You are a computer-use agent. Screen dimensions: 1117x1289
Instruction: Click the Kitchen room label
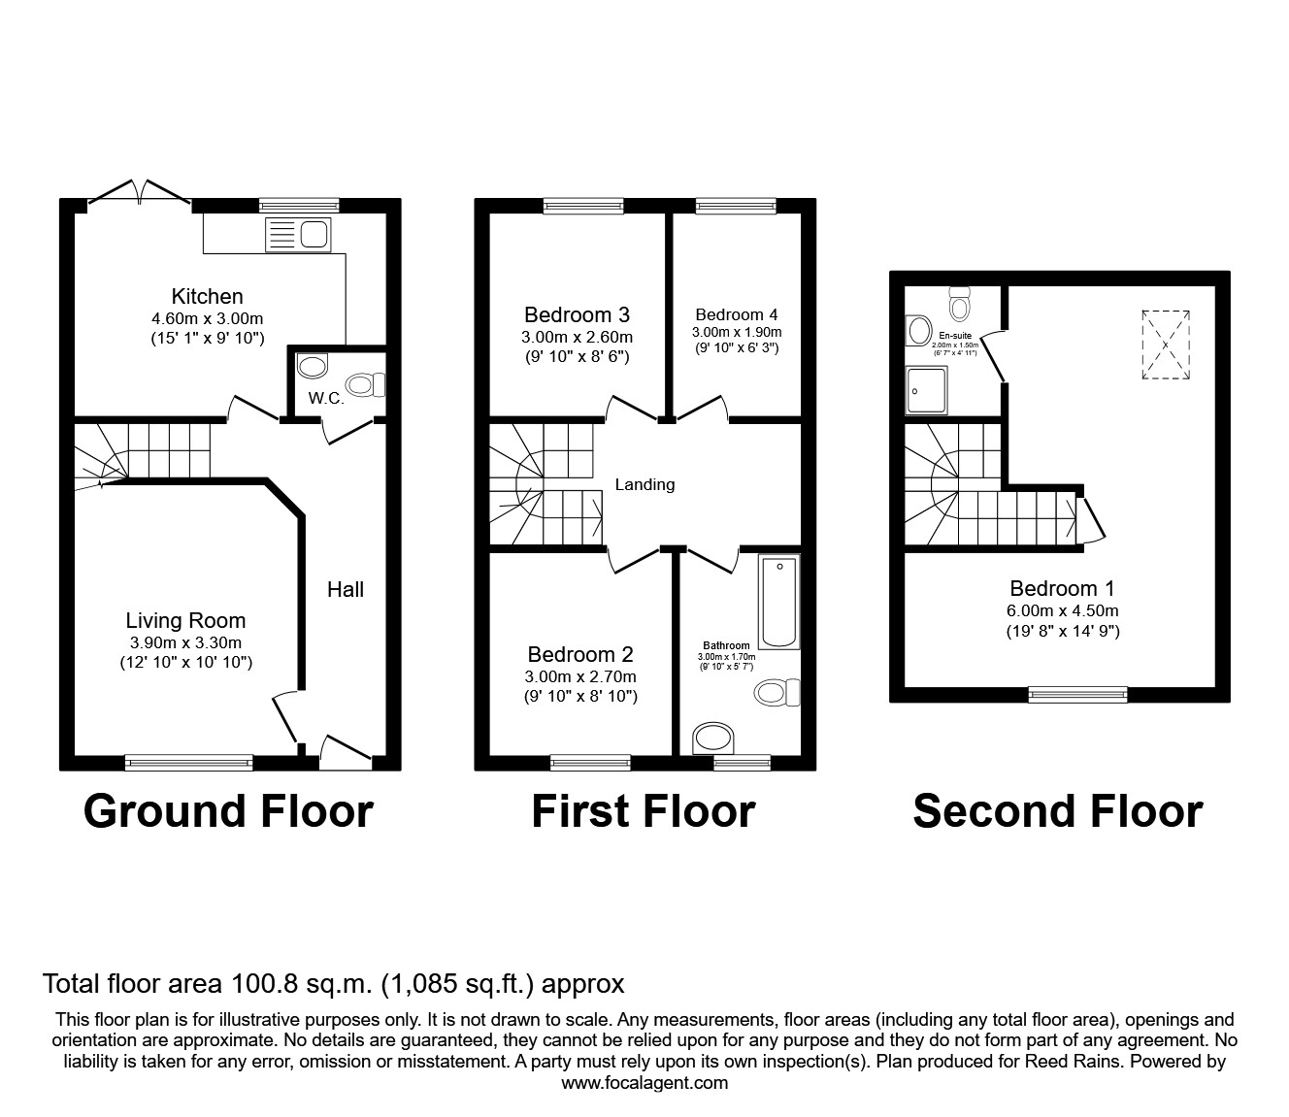click(x=207, y=297)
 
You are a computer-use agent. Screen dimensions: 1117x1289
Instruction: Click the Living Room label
click(x=185, y=621)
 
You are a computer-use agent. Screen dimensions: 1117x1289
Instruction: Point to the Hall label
click(x=345, y=589)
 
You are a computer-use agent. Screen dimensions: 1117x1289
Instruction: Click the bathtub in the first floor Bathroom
click(x=779, y=602)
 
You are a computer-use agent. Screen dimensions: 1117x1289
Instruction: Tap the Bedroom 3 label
click(x=577, y=314)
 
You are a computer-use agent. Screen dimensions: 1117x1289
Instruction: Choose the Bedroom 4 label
click(x=736, y=314)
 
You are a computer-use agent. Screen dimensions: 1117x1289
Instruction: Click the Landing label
click(x=644, y=484)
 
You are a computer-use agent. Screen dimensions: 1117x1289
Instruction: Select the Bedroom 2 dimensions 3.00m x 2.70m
click(x=581, y=676)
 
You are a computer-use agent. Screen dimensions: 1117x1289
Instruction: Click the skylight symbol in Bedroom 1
click(x=1165, y=345)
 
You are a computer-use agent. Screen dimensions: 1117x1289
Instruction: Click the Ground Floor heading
click(x=228, y=811)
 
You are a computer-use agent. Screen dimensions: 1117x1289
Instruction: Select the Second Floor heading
click(x=1057, y=811)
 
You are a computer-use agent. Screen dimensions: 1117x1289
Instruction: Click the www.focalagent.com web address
click(x=644, y=1083)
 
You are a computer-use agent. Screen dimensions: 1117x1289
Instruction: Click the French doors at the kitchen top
click(x=139, y=192)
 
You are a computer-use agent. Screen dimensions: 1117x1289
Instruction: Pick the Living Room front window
click(x=189, y=764)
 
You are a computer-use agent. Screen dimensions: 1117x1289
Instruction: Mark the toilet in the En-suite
click(x=959, y=304)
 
